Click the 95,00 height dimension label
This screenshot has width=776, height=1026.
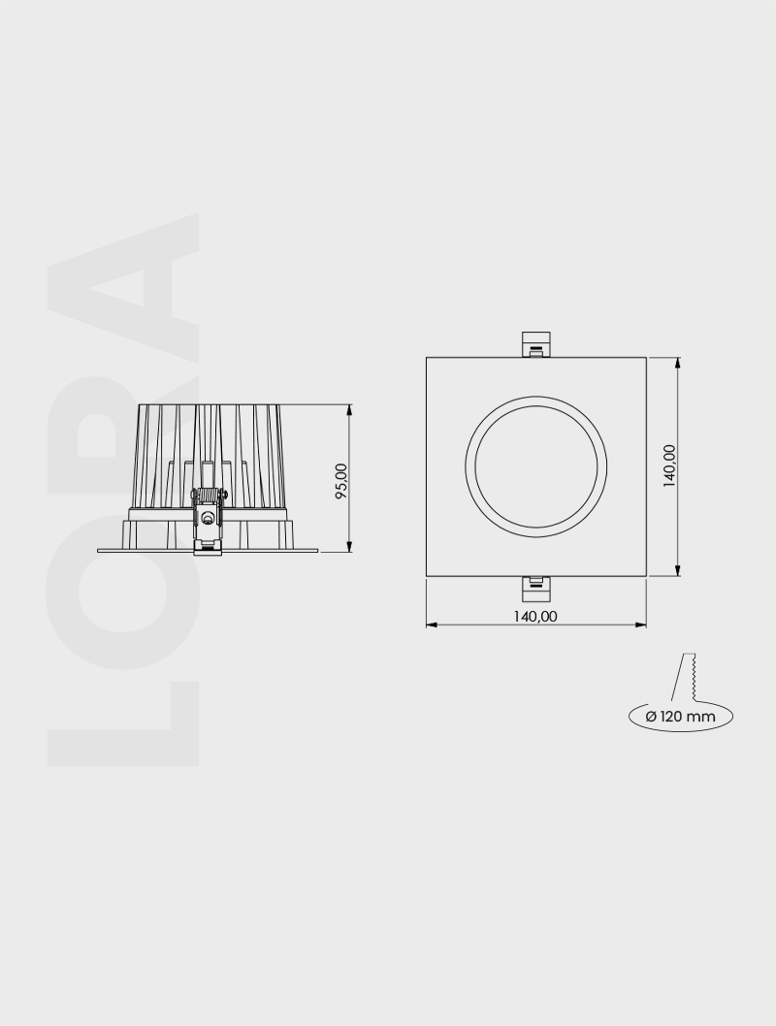pos(340,480)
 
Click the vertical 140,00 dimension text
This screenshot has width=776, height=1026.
pos(669,466)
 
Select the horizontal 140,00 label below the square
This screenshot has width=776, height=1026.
pos(535,615)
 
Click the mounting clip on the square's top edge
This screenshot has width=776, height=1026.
pos(536,344)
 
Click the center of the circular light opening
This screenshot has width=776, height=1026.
pos(536,466)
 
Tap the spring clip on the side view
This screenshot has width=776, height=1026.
pos(208,518)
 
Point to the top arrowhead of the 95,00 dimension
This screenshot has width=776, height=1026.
pos(349,411)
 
